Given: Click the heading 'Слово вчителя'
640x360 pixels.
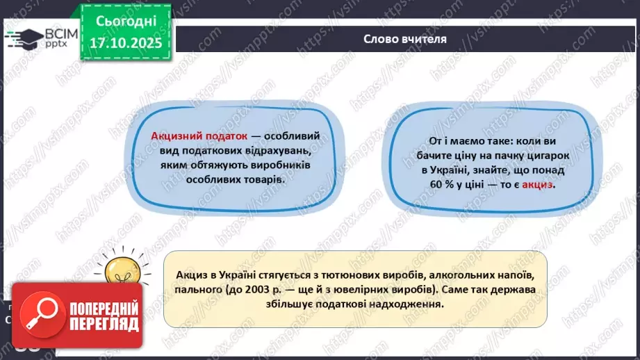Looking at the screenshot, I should [x=404, y=39].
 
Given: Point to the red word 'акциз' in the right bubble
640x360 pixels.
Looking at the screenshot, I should [x=539, y=186].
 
